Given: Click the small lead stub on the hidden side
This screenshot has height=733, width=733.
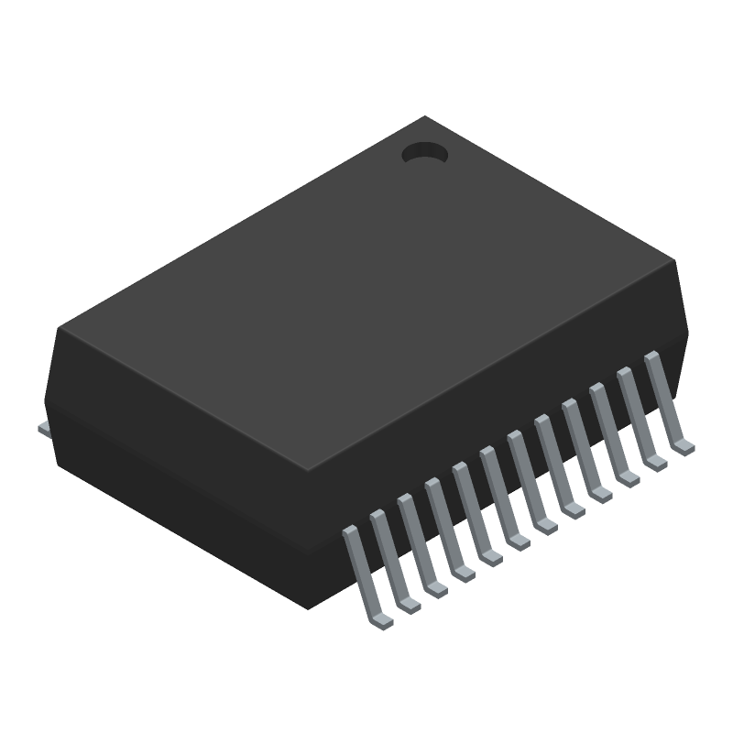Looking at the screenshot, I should (43, 428).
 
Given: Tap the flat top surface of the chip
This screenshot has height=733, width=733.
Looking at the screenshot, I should (366, 293).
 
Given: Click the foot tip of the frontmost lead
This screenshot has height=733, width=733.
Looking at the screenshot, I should (382, 621).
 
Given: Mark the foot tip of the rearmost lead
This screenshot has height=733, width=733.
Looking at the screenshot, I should (684, 447).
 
